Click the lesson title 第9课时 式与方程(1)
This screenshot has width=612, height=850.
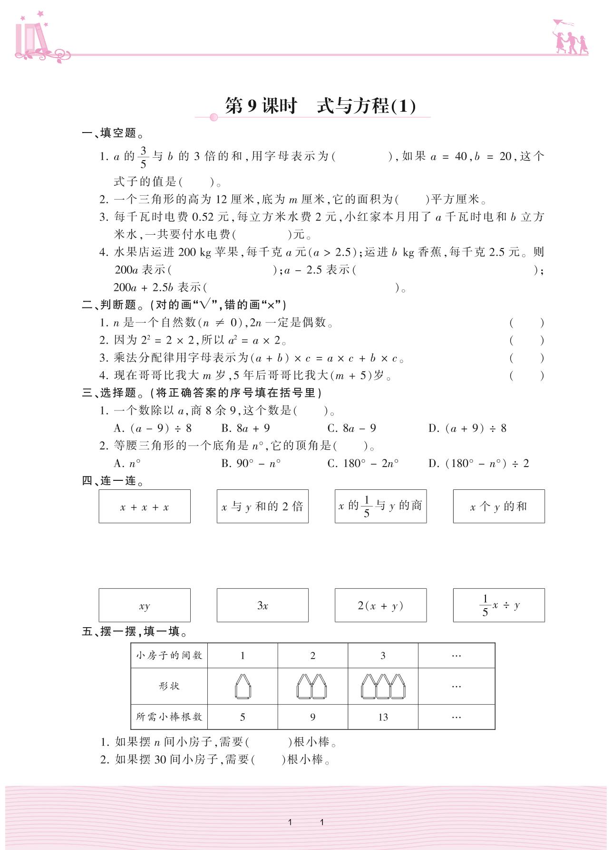pos(320,106)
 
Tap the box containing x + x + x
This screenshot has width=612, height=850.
pos(145,506)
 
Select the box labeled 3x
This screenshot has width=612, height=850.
pos(262,605)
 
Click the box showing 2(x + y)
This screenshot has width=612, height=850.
pos(380,605)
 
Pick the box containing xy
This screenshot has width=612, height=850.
pos(145,605)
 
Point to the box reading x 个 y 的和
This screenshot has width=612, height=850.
pos(499,506)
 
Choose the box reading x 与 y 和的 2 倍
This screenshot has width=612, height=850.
pos(262,506)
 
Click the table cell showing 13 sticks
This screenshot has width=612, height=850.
pos(383,717)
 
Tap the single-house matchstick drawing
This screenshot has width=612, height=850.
pos(243,687)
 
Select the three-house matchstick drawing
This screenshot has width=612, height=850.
pos(383,687)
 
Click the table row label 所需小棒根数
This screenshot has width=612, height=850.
pos(169,717)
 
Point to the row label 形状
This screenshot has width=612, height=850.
pos(169,686)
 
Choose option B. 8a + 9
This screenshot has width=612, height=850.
pos(245,429)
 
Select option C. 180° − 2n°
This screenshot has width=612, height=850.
pos(363,463)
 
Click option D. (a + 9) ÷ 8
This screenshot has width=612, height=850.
pos(467,429)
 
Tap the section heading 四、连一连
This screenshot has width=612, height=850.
pos(113,481)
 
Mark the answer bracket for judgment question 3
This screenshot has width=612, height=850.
pos(526,358)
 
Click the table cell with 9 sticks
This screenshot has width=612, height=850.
pos(313,717)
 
